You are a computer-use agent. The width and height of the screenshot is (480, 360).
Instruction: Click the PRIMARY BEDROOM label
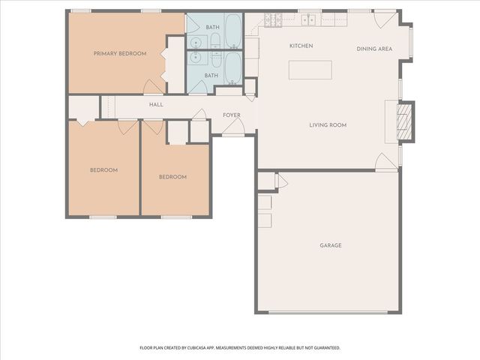[x=120, y=53]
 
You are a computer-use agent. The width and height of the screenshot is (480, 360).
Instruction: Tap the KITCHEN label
[x=301, y=46]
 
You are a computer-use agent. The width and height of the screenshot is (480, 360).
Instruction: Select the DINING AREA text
[x=374, y=49]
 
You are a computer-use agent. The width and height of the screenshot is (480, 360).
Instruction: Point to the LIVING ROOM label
[x=328, y=125]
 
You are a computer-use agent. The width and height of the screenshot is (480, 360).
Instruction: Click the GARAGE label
[x=331, y=245]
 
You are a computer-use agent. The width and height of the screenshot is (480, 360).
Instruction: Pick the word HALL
[x=156, y=105]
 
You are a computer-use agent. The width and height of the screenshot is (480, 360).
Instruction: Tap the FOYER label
[x=232, y=115]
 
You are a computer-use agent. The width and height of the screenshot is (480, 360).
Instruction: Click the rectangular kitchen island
[x=310, y=69]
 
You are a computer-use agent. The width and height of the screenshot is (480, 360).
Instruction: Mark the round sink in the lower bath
[x=197, y=57]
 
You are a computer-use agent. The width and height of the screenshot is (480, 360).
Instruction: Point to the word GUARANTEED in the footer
[x=325, y=348]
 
